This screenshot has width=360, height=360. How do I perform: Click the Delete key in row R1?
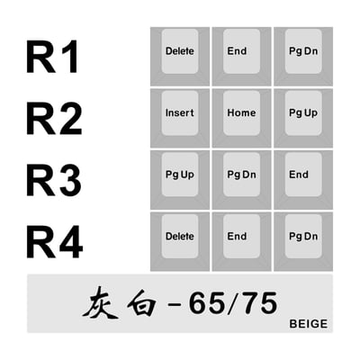tap(180, 57)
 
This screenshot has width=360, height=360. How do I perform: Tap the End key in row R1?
tap(242, 57)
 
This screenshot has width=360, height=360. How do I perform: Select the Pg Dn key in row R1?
tap(303, 57)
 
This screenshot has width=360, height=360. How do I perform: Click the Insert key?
tap(180, 118)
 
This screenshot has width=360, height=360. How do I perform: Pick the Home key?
tap(242, 118)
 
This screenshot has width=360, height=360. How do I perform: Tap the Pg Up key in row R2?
tap(303, 118)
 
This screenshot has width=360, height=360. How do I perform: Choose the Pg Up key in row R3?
tap(180, 180)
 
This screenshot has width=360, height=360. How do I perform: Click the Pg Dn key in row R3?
tap(242, 180)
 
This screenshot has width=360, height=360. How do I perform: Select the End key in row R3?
tap(303, 180)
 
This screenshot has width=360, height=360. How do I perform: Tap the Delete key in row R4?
tap(180, 242)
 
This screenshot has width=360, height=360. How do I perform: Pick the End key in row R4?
tap(242, 242)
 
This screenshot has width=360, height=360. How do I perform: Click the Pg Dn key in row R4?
tap(303, 242)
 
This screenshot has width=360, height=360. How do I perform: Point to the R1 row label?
tap(52, 57)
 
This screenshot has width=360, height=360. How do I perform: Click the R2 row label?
tap(54, 118)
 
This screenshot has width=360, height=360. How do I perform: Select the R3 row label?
tap(54, 180)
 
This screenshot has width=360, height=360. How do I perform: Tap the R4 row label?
tap(55, 242)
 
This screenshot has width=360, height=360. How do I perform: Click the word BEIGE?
tap(309, 324)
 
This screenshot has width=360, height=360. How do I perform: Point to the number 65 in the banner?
tap(206, 303)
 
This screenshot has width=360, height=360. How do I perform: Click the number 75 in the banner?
tap(258, 303)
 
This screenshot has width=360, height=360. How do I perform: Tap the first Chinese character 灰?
tap(100, 303)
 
